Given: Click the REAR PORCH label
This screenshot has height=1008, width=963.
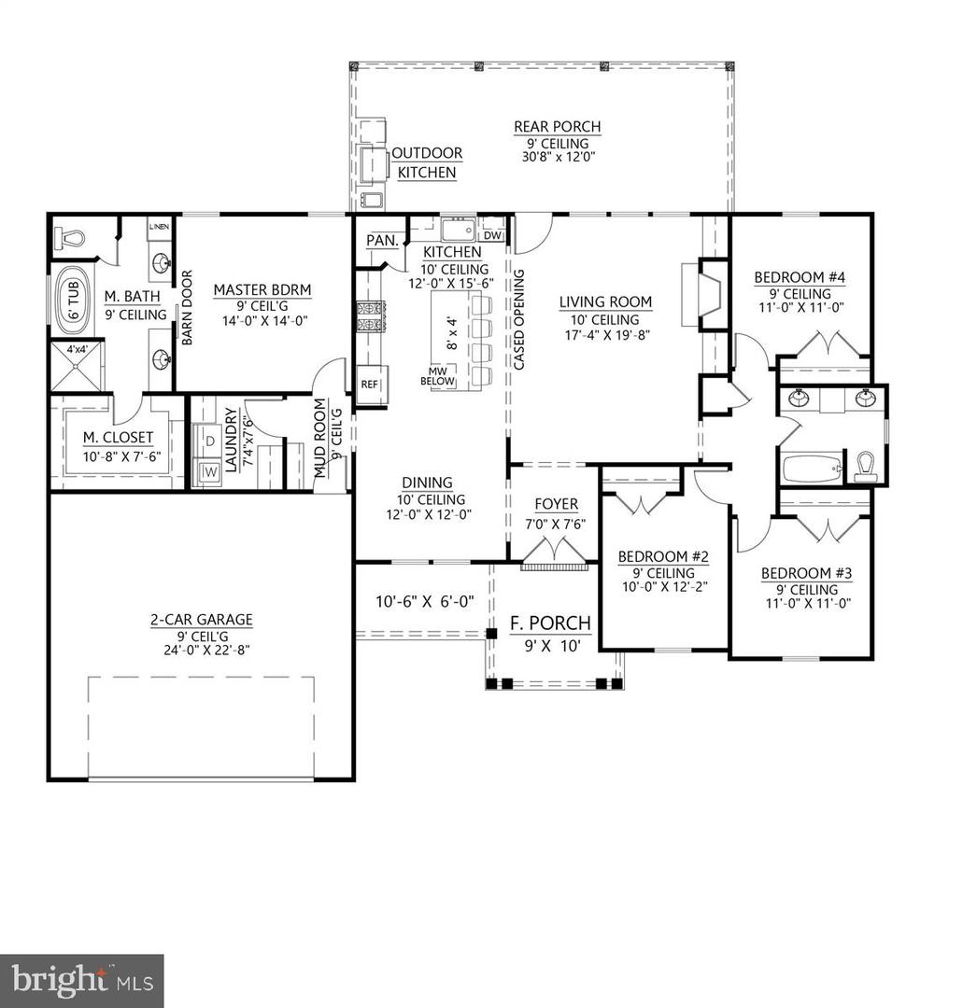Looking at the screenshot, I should [557, 127].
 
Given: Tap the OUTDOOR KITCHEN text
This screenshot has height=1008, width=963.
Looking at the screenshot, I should [427, 162].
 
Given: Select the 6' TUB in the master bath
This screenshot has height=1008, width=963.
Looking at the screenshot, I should [73, 301].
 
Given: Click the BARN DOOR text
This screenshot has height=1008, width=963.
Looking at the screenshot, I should [187, 308].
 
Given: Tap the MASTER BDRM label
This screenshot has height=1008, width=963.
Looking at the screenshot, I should [262, 290].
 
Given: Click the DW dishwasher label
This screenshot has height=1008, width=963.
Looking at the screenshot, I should [493, 234].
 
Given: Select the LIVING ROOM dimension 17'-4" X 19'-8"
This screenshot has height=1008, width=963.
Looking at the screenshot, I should [604, 336].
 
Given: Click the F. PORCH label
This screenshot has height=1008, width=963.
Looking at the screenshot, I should [549, 623].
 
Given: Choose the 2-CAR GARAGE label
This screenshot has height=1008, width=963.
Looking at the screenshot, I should [202, 619].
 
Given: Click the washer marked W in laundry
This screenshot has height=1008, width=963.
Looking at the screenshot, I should [209, 469].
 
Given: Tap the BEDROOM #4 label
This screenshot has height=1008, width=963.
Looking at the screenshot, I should [800, 277].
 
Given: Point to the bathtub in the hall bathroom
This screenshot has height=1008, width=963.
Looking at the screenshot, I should [811, 467].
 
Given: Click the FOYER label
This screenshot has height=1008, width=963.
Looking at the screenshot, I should [556, 504].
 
